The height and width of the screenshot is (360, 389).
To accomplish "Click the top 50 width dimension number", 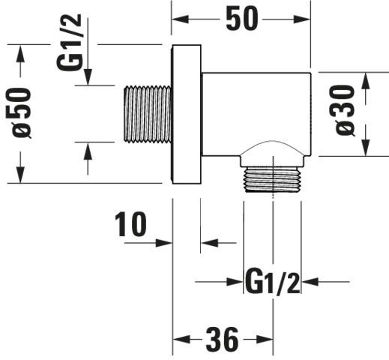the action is (241, 18).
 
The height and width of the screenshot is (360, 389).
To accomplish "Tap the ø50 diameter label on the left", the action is (22, 112).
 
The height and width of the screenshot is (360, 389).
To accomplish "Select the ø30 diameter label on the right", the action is (346, 110).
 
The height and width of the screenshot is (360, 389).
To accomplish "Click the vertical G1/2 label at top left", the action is (69, 42).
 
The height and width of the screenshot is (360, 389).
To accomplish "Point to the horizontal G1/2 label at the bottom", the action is (272, 281).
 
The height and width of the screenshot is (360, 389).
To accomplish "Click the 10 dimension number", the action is (130, 224).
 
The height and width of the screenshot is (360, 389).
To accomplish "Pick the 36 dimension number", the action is (222, 339).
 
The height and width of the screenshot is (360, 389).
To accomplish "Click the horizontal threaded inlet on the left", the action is (148, 115).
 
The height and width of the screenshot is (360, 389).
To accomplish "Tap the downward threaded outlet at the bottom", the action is (273, 179).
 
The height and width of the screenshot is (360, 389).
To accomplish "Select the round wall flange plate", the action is (187, 114).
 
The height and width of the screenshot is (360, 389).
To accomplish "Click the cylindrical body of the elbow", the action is (256, 114).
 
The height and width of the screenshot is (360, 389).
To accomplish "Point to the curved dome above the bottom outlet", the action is (273, 148).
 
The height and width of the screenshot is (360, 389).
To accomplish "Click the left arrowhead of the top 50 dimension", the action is (181, 19).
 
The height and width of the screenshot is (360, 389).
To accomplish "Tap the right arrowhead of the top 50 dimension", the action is (302, 19).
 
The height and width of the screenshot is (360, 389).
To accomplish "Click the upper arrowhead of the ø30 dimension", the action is (366, 81).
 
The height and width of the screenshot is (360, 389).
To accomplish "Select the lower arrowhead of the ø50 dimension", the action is (20, 175).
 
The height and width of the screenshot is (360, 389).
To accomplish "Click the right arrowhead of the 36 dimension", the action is (265, 339).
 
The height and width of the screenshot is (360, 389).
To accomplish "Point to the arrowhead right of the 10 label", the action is (164, 242).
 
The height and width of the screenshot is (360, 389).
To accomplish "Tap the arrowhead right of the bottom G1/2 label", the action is (310, 282).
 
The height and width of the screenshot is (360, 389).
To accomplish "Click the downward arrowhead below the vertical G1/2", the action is (88, 77).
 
